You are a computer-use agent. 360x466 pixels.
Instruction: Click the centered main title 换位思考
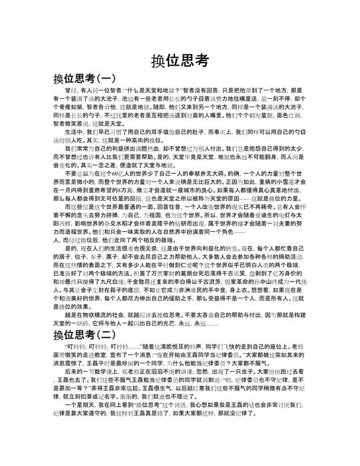pos(180,61)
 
